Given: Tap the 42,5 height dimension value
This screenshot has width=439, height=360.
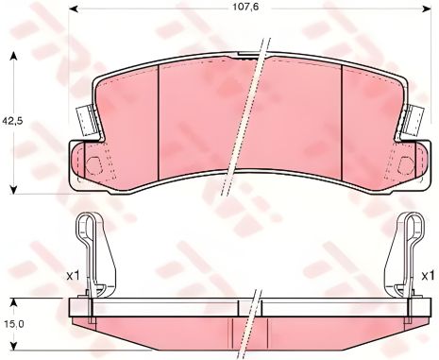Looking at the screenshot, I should click(x=11, y=120).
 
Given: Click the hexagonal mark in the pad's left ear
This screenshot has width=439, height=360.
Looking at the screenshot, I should click(x=95, y=163).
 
